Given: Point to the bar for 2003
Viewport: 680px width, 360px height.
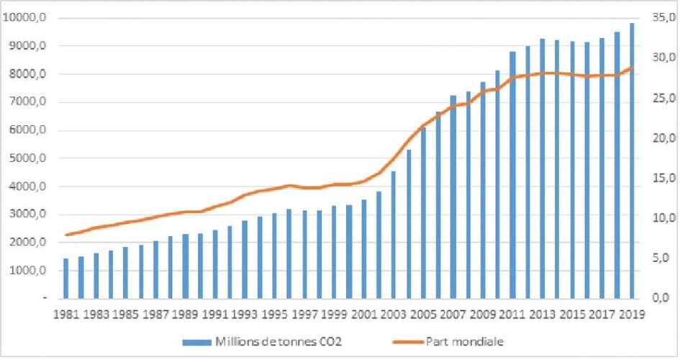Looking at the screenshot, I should coord(393,234).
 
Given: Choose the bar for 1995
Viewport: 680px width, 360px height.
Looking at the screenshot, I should coord(273,255).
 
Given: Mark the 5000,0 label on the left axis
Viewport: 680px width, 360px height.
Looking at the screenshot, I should coord(27,158).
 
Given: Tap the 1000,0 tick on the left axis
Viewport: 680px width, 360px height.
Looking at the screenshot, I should coord(27,271).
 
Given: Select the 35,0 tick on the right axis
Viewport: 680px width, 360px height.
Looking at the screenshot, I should coord(663,18).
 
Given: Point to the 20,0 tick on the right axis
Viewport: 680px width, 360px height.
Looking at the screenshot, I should coord(663,138).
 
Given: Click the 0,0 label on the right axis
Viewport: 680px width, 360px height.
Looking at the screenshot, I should coord(663,297).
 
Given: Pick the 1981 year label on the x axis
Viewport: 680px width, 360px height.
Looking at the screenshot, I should coord(65,314).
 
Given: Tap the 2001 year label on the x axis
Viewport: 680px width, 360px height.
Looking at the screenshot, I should coord(363,314).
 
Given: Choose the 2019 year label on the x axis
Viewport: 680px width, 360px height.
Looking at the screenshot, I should coord(632,314).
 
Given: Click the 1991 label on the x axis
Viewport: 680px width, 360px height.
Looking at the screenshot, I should coord(214,314).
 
